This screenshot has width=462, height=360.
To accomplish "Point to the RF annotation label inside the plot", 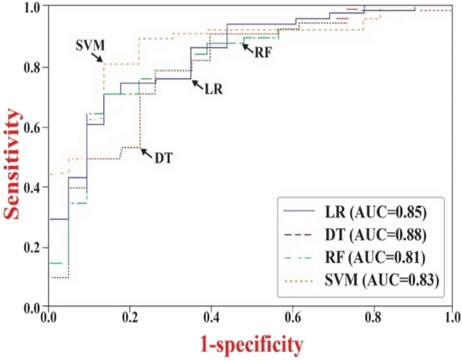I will (261, 52).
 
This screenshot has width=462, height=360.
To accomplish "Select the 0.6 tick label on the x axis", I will (291, 317).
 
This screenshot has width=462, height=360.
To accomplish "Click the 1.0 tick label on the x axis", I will (451, 317).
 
